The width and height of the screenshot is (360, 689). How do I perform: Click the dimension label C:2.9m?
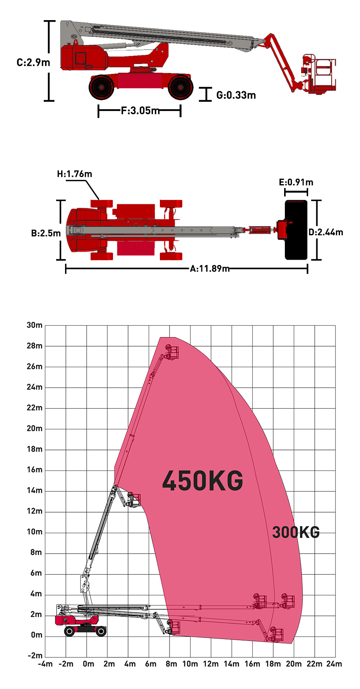33,62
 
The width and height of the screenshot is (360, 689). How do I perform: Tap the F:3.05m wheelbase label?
140,111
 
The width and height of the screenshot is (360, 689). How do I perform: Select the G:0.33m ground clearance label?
236,95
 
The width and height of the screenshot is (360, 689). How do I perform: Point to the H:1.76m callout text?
75,174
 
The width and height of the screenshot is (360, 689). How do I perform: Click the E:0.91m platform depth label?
296,182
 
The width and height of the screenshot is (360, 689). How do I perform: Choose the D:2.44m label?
326,232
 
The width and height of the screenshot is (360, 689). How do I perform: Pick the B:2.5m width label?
46,233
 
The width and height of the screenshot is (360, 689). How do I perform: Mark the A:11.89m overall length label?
209,268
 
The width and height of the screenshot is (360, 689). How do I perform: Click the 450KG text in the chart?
203,480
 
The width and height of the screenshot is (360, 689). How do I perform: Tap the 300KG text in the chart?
296,532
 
